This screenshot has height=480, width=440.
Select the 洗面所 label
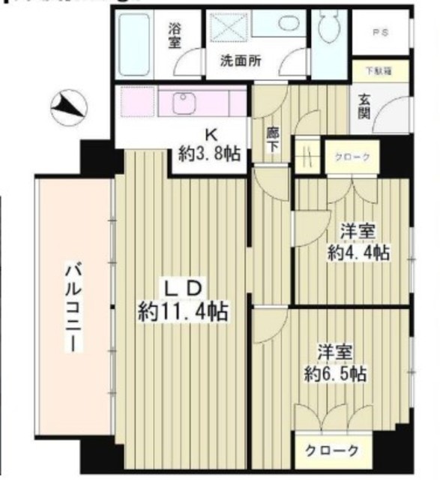tap(241, 61)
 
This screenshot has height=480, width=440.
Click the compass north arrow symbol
tap(68, 107)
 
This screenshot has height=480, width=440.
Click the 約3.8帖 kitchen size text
tap(209, 154)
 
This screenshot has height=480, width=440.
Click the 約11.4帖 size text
tap(183, 309)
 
